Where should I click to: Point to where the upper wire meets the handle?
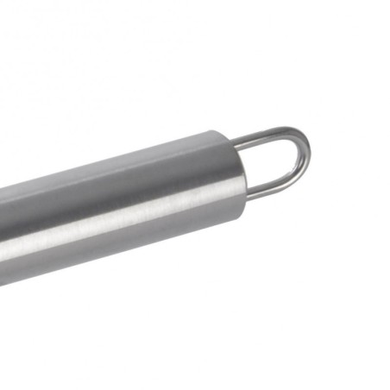click(235, 141)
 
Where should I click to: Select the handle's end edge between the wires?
click(242, 168)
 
